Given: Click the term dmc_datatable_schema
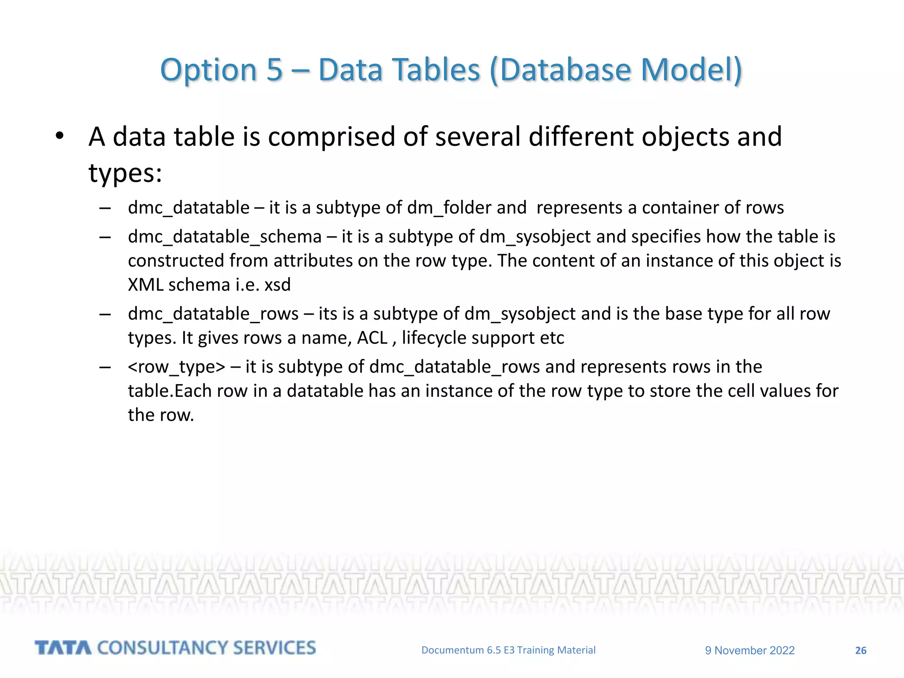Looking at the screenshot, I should click(225, 237).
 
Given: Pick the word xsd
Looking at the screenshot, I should click(278, 285).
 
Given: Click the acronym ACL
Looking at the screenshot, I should click(372, 338).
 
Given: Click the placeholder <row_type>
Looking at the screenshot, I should click(177, 367).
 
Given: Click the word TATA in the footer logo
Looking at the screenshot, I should click(63, 648).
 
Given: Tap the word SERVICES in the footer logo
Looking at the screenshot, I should click(274, 648).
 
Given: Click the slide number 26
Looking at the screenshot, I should click(861, 651).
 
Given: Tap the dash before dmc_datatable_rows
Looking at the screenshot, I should click(105, 314).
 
